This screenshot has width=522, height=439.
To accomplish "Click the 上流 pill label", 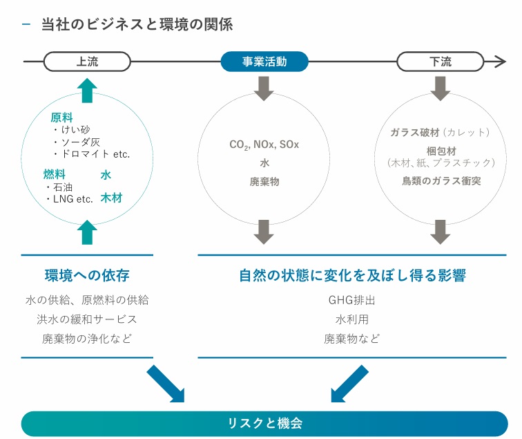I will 87,62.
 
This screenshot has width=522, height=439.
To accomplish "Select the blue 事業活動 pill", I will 263,62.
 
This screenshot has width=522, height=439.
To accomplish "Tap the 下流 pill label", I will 439,62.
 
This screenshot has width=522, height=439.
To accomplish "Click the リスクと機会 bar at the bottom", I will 264,422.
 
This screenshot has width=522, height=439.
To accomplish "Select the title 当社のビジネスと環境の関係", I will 136,25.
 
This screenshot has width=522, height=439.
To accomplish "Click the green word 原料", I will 61,118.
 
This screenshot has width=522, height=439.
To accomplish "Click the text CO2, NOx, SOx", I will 264,145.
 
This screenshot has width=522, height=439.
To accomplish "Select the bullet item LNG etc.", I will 71,199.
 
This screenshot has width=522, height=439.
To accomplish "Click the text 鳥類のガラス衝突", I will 441,181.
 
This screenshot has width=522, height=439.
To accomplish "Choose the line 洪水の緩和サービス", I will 87,319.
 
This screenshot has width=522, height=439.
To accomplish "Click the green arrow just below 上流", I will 87,91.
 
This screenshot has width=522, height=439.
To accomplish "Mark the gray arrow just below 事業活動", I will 264,88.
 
